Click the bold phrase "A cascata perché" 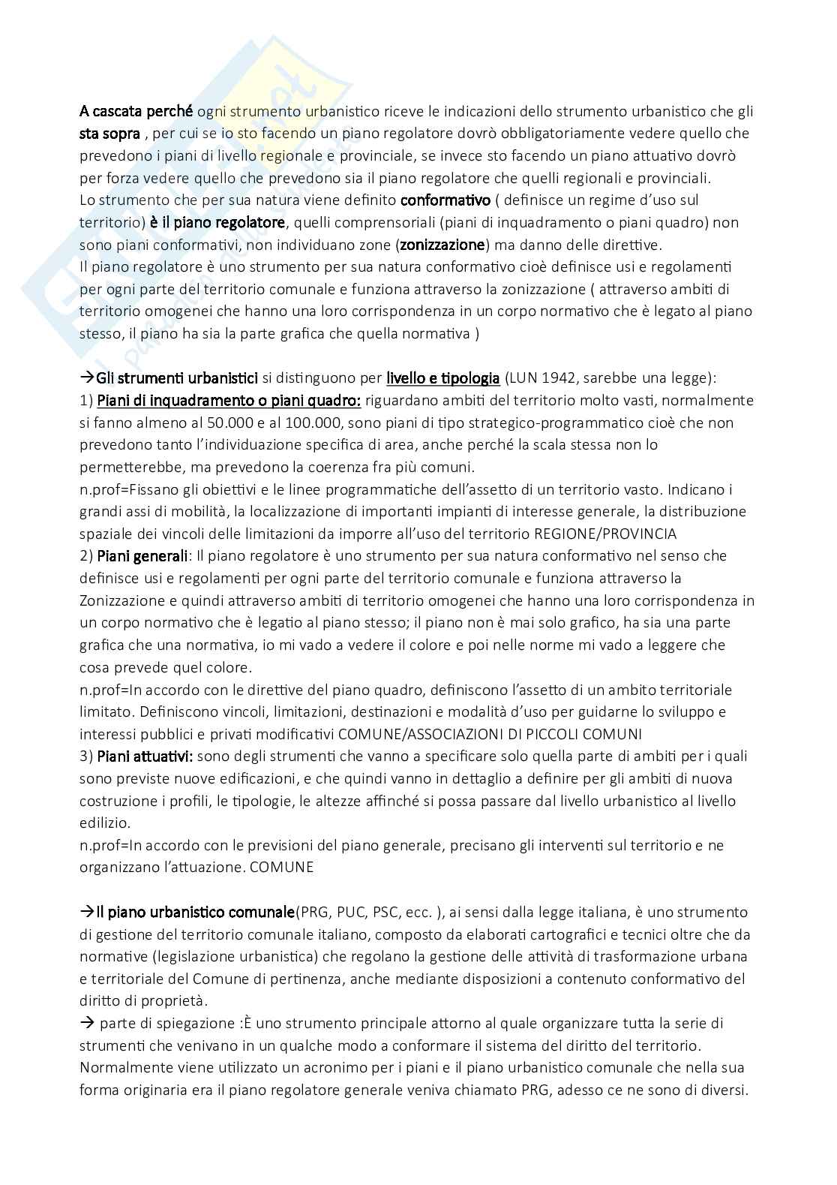tap(136, 112)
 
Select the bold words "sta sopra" tap(109, 134)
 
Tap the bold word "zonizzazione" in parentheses tap(443, 245)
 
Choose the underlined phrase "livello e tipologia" tap(442, 377)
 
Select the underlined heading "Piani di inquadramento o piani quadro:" tap(229, 400)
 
